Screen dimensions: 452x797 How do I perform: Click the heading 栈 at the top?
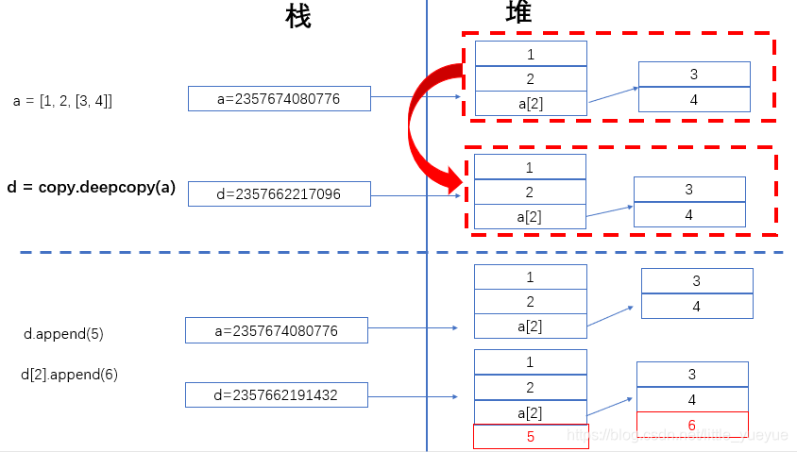point(298,16)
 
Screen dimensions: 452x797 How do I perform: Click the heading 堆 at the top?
point(518,13)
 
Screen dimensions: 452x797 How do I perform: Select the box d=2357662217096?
point(278,194)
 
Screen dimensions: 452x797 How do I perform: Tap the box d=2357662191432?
point(276,394)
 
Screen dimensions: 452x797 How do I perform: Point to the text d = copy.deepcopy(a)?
point(92,186)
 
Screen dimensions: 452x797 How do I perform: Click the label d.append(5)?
point(63,334)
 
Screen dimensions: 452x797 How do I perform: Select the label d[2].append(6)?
point(69,375)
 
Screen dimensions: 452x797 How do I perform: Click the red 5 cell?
point(530,437)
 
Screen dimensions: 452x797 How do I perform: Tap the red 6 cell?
point(692,425)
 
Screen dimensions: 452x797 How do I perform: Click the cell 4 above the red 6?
point(692,399)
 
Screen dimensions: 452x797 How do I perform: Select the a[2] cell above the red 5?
point(530,412)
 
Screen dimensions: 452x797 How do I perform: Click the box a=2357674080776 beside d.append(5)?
point(277,330)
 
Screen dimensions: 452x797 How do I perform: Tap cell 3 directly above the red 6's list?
point(692,375)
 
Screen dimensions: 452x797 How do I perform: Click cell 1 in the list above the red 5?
point(530,362)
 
